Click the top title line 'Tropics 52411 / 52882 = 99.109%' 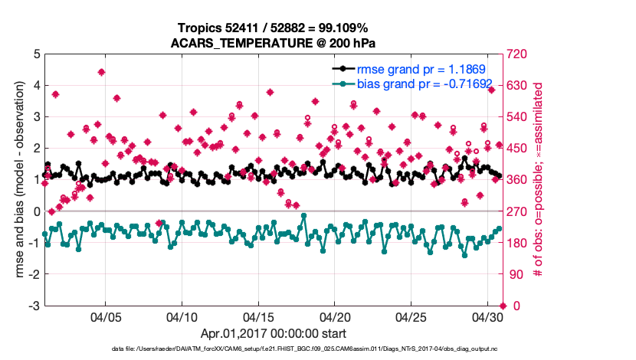coord(275,28)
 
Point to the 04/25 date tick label coord(412,316)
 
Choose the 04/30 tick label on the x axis coord(488,316)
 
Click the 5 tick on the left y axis coord(36,54)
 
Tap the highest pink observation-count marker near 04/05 coord(101,72)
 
